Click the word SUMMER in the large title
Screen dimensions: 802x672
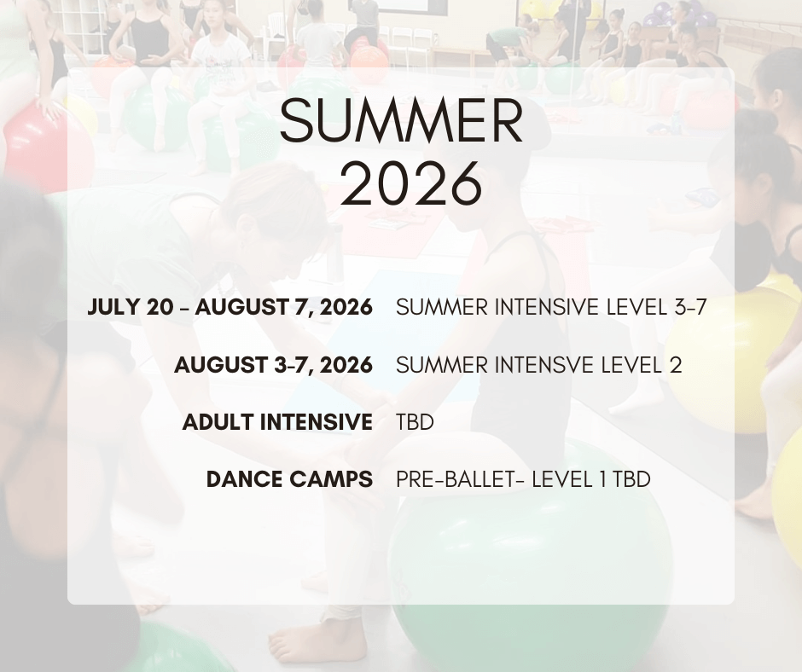click(402, 121)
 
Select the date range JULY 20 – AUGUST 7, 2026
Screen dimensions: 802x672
click(230, 307)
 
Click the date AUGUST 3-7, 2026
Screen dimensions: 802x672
click(273, 365)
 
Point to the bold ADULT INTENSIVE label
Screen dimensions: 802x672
click(277, 422)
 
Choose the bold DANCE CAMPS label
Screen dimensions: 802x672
click(289, 480)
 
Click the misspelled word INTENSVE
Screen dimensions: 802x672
click(544, 365)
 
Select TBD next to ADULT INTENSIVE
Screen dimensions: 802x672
click(415, 422)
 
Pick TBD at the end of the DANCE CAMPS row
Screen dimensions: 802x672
click(631, 480)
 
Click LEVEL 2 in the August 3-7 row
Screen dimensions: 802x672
click(642, 365)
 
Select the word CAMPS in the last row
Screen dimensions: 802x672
click(331, 480)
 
